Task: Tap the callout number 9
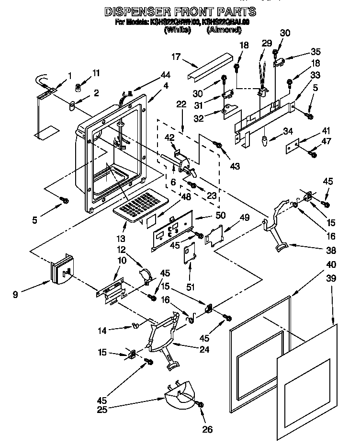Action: [15, 295]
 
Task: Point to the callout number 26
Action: [207, 429]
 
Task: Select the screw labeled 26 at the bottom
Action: [200, 405]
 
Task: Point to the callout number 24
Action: [204, 349]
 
